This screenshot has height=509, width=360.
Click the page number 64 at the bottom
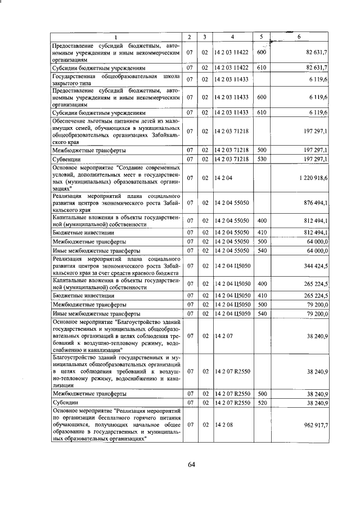pos(191,464)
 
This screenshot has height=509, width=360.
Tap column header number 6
pos(299,37)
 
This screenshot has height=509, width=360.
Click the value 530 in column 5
pos(261,159)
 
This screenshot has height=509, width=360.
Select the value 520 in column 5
pos(261,403)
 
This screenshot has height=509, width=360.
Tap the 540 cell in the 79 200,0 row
pos(261,314)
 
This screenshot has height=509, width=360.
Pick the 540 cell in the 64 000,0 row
pos(261,250)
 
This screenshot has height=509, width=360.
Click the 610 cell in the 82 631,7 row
pos(261,67)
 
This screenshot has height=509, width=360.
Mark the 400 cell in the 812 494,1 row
pos(261,220)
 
